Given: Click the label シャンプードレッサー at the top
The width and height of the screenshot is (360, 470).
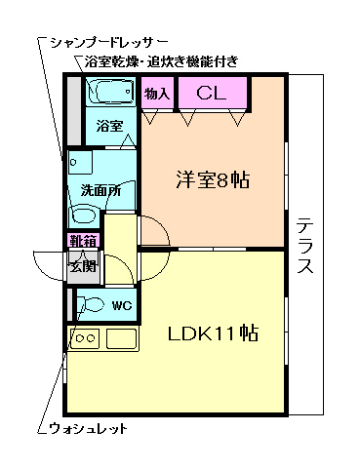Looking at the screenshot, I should (107, 44).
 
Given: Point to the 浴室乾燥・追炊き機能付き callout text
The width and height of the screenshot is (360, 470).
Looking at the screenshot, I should (161, 62).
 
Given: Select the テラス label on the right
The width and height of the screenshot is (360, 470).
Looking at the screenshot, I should (304, 245).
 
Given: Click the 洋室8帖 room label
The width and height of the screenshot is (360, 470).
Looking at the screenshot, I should (212, 180).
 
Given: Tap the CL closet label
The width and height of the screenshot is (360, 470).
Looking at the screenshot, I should (212, 94).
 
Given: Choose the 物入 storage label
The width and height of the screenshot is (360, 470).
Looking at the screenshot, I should (157, 95).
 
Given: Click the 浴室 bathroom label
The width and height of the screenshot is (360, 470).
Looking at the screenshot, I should (108, 127).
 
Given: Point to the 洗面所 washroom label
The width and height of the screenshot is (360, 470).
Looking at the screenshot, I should (100, 191).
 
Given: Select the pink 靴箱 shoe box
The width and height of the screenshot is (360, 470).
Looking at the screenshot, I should (81, 242).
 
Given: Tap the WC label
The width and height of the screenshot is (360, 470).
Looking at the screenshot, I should (121, 306).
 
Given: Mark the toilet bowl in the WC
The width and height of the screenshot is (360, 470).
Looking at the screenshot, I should (89, 304).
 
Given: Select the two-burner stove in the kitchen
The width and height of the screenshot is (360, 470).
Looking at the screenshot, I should (85, 339).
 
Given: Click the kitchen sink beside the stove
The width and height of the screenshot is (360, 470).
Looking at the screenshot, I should (121, 339).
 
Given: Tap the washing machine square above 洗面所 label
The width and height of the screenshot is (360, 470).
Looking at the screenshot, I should (80, 161).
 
